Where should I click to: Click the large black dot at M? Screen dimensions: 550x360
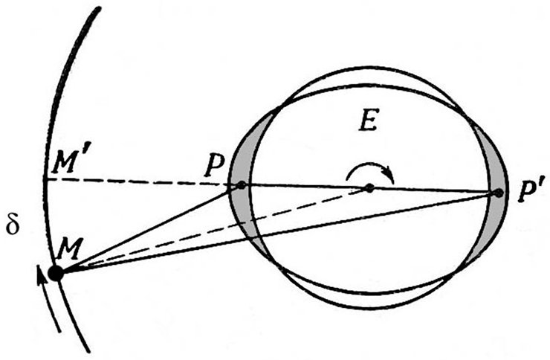(x=56, y=273)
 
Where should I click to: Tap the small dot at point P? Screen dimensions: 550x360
(x=242, y=185)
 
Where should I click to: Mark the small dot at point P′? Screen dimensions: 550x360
(x=498, y=193)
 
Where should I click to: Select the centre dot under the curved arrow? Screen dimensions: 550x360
(x=369, y=188)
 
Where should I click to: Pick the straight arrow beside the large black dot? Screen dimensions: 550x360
(x=48, y=298)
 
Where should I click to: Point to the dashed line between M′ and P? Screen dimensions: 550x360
(x=137, y=181)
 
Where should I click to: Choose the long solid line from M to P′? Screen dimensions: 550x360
(x=276, y=233)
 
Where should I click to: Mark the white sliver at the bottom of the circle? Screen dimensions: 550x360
(x=369, y=300)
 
